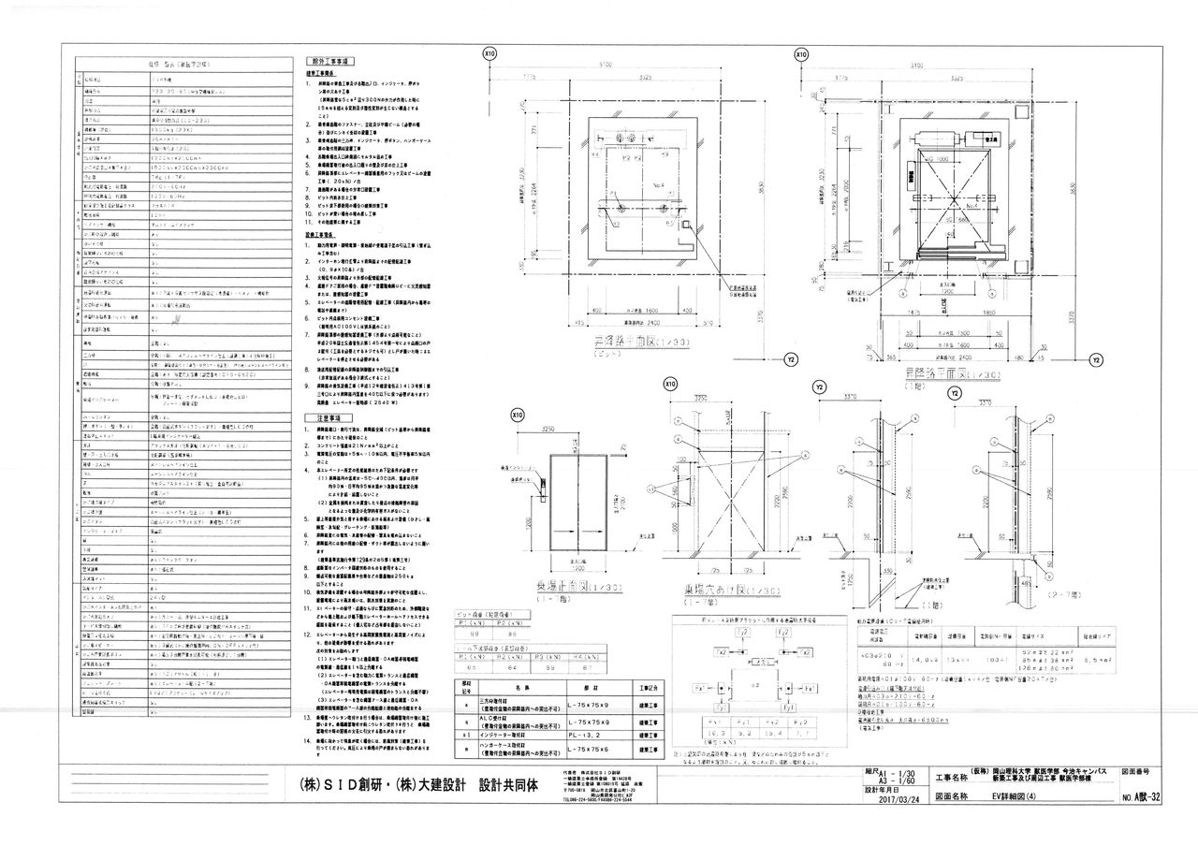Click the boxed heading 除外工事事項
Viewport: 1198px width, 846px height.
click(x=329, y=59)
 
